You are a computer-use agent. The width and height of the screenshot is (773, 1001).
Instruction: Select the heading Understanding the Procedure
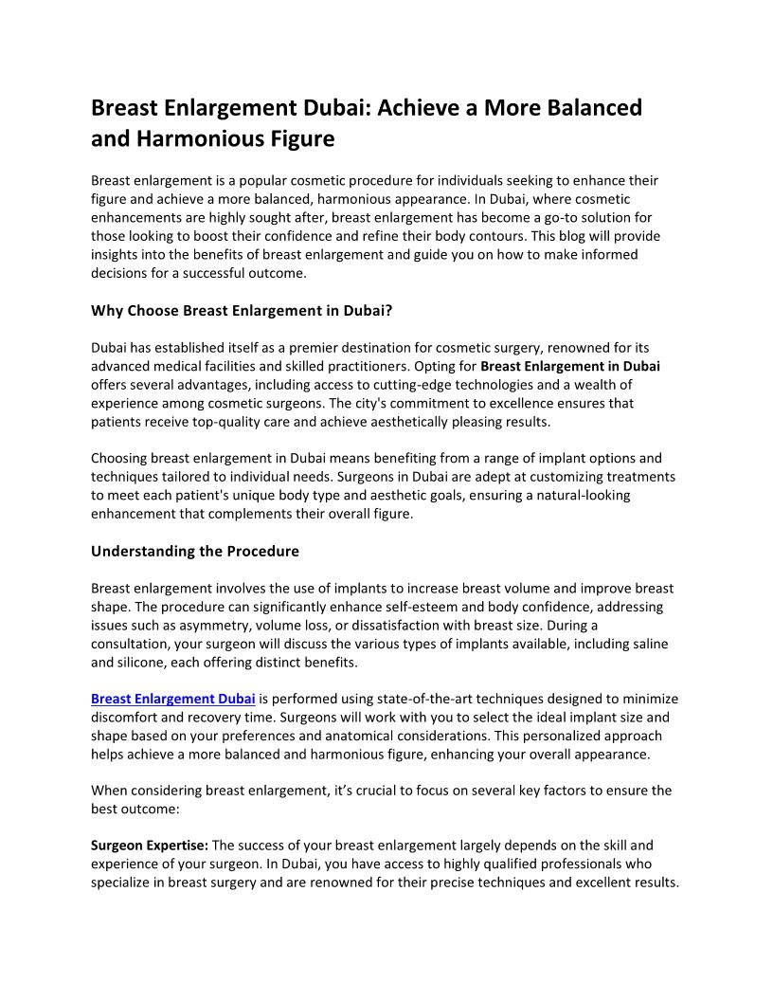[x=195, y=552]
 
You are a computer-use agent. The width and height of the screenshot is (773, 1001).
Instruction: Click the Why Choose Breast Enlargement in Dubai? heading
[x=242, y=310]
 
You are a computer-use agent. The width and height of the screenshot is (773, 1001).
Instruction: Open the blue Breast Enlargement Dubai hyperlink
[x=173, y=700]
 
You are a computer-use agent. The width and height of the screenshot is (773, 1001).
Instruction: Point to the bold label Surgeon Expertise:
[x=150, y=846]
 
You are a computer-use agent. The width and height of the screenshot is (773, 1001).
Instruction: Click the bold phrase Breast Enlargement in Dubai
[x=570, y=367]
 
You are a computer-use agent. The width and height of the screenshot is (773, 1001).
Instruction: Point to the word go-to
[x=567, y=217]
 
